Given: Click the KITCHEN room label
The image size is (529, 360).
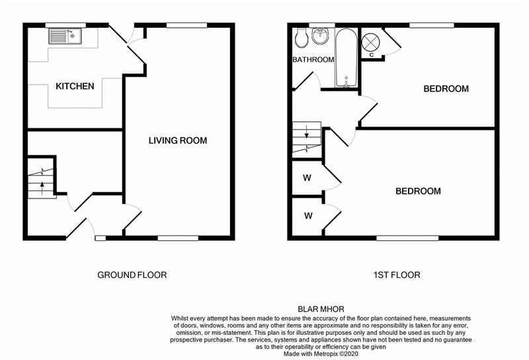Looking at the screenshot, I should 75,86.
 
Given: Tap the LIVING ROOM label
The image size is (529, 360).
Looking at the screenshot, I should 177,140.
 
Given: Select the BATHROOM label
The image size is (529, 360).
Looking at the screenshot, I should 313,60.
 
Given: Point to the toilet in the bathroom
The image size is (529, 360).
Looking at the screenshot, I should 302,39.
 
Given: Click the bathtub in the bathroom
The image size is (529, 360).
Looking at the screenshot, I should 345,58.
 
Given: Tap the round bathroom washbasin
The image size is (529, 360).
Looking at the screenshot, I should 321,36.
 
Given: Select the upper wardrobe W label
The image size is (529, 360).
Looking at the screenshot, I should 307,178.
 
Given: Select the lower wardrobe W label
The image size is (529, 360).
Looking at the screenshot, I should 307,216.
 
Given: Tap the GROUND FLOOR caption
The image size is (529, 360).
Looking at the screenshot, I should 132,275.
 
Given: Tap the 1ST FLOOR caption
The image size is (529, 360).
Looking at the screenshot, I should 397,275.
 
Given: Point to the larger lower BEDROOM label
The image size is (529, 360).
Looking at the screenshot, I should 418,191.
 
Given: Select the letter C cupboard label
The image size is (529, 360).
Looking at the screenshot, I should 372,55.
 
